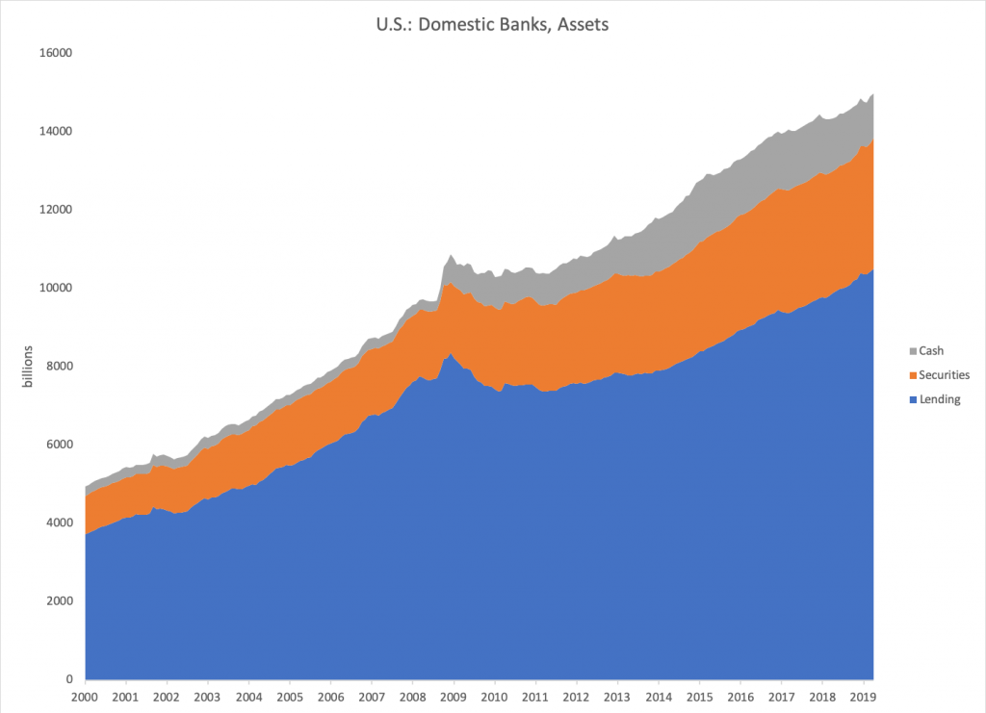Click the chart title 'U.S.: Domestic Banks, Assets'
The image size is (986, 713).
pos(492,25)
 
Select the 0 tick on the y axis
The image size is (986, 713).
pos(70,679)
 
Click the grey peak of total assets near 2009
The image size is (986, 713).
pos(451,256)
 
